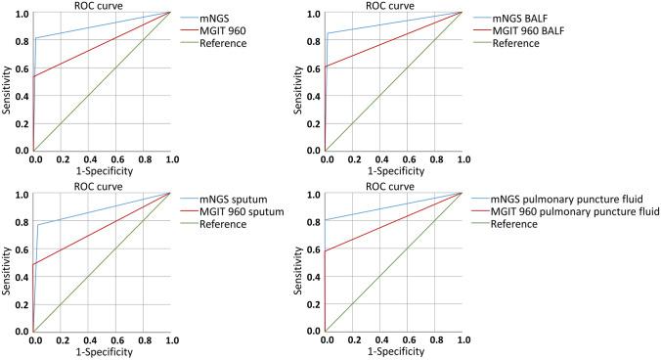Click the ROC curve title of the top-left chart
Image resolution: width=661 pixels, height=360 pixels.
(x=102, y=5)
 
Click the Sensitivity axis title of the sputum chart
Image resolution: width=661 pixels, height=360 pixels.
(x=8, y=263)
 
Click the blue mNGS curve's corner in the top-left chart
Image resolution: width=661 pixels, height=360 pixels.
(x=36, y=38)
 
